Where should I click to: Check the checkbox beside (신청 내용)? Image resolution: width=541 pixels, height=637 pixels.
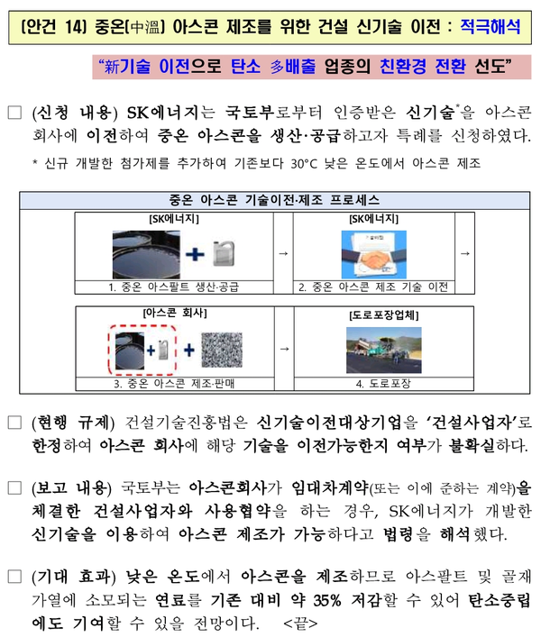(14, 113)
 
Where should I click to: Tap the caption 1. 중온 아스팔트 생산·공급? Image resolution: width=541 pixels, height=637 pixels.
(174, 287)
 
